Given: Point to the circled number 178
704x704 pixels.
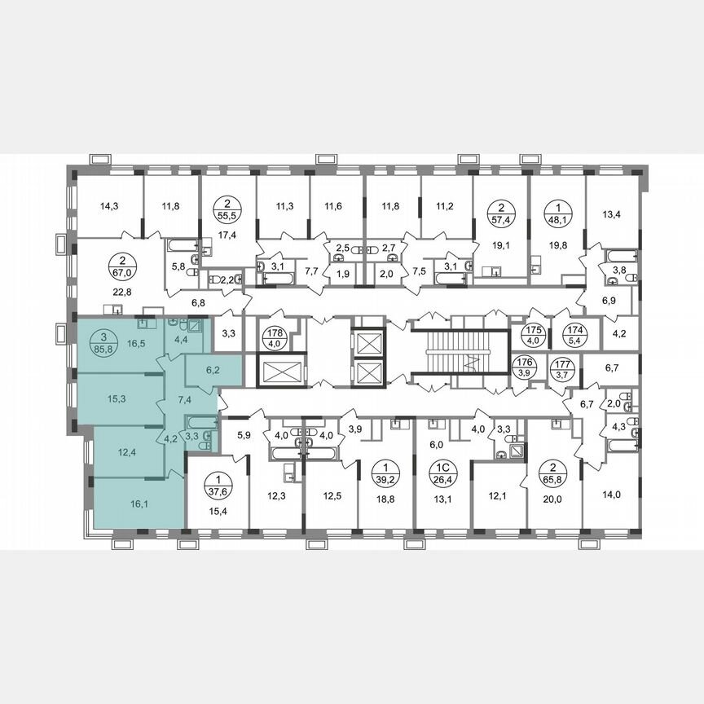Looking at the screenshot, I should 274,332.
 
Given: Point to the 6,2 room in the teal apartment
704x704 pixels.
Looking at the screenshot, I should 213,369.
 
